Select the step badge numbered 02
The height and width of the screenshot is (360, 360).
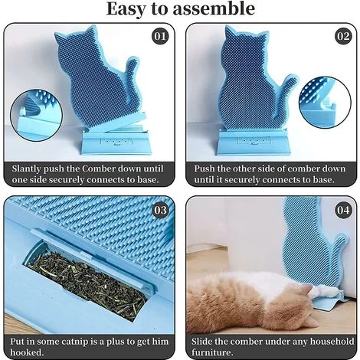pos(341,35)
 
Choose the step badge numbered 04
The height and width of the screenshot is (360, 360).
pos(341,209)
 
